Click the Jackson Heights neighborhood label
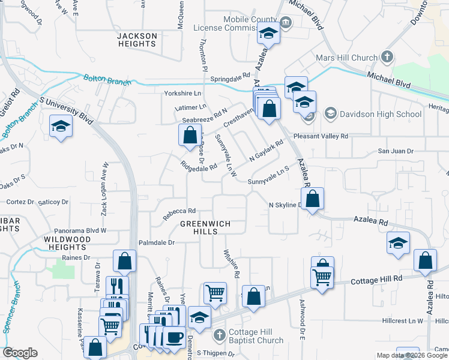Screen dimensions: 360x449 [x=137, y=40]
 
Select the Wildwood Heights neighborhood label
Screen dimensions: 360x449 [x=67, y=243]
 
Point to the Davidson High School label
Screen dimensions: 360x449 [x=381, y=114]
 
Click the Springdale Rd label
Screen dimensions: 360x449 [x=230, y=77]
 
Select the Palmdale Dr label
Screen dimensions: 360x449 [x=156, y=243]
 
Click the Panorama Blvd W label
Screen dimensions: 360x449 [x=79, y=230]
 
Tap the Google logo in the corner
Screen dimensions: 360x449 [x=20, y=353]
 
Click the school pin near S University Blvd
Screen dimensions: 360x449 [x=61, y=127]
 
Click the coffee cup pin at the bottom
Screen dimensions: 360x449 [x=175, y=336]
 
